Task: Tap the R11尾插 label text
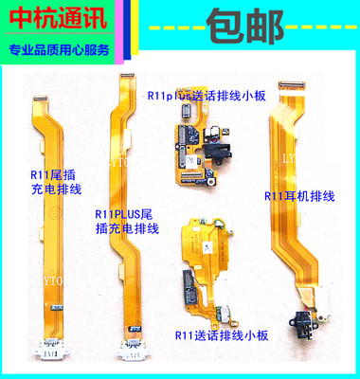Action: pyautogui.click(x=46, y=174)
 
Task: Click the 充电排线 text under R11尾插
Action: pyautogui.click(x=46, y=189)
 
